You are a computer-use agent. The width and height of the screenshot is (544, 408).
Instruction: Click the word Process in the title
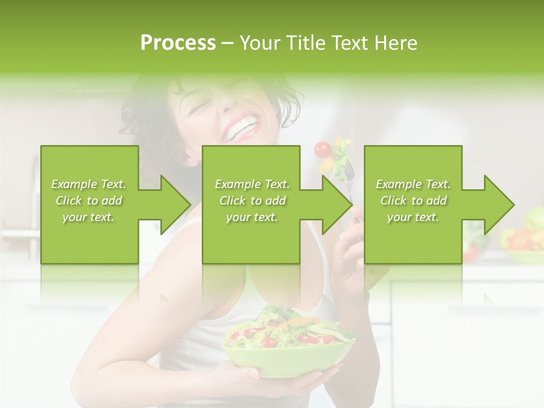177,43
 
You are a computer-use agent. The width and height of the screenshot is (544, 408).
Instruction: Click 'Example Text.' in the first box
88,184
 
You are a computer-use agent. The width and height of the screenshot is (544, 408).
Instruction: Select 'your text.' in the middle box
252,217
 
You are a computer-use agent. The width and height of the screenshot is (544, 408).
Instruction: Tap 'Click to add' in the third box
413,201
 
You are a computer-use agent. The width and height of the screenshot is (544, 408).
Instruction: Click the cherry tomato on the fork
323,149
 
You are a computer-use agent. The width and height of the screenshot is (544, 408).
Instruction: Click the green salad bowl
286,357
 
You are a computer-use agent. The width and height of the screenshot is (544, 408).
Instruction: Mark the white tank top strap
252,283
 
